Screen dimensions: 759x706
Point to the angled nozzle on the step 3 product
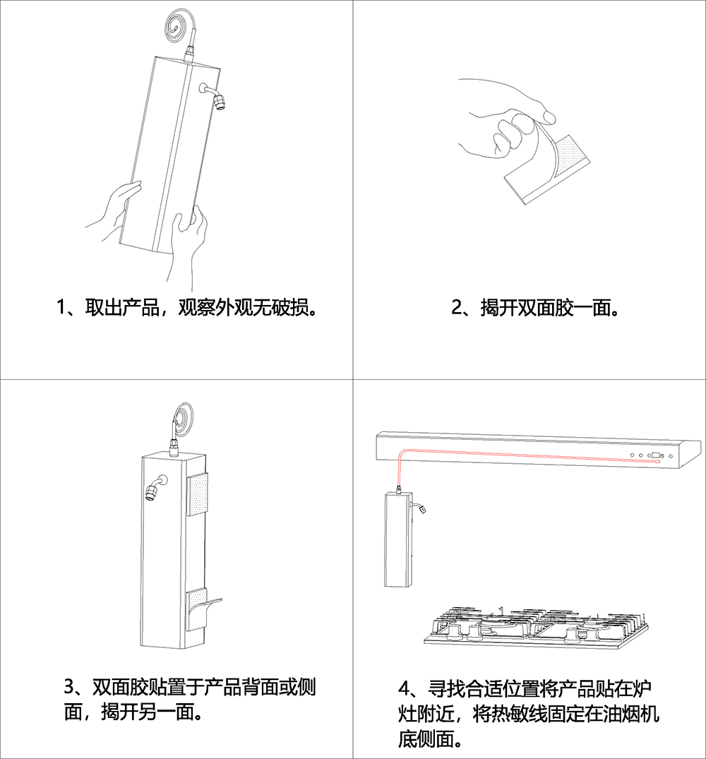(x=153, y=489)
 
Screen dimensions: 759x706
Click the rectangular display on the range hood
(x=655, y=455)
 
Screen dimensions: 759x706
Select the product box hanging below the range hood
(x=397, y=540)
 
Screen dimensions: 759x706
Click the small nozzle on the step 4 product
(x=421, y=508)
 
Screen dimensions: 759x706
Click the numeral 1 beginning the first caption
(x=61, y=308)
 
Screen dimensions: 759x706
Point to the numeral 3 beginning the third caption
(x=70, y=686)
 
